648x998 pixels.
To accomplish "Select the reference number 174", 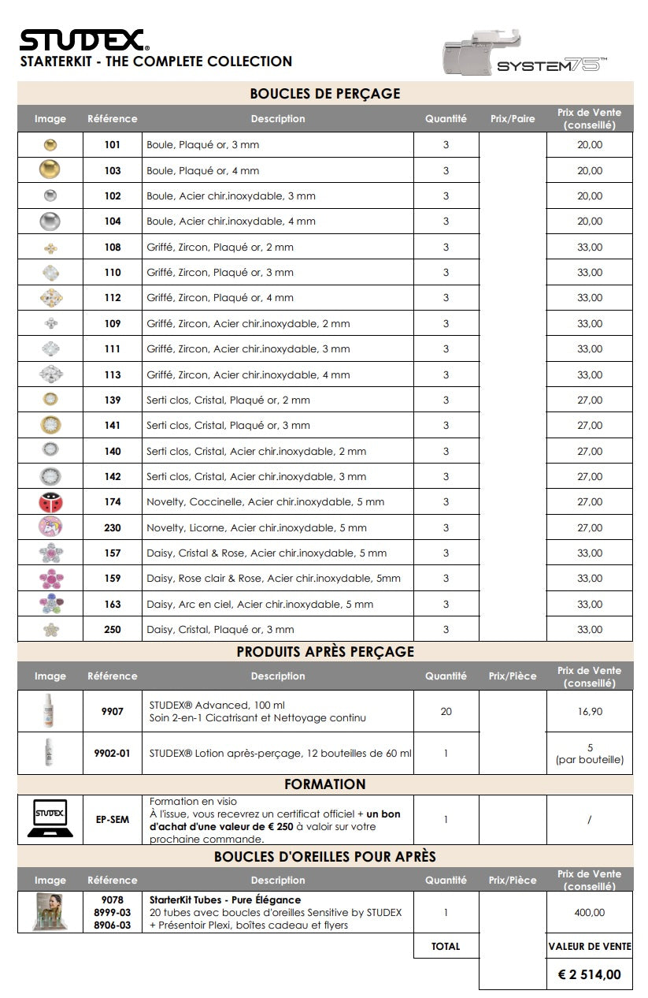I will [x=113, y=502].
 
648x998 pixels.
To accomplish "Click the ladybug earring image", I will [x=50, y=502].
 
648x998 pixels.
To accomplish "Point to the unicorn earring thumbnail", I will [x=50, y=527].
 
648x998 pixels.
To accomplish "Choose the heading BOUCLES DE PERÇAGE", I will [x=324, y=94].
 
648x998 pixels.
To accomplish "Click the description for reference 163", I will [x=260, y=604].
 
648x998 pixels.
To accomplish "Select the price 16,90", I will [x=589, y=711].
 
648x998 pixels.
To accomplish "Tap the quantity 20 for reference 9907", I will [x=446, y=711].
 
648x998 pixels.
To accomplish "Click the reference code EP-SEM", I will [x=113, y=820].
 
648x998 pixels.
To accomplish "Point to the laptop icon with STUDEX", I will [x=50, y=819].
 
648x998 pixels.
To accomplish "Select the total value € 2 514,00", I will [x=589, y=974].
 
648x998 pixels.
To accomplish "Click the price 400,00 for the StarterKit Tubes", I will [x=589, y=912].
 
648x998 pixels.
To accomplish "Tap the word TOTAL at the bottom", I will [x=446, y=946].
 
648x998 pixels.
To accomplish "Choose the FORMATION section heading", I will [x=324, y=784].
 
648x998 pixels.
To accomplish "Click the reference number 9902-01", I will [x=113, y=754].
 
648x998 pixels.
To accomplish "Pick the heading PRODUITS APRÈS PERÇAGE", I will [x=324, y=652].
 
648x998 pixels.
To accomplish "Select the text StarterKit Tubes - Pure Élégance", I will [x=225, y=899].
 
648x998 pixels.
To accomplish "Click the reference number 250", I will [x=113, y=630].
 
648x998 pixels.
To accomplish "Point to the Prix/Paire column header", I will [x=512, y=119].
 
